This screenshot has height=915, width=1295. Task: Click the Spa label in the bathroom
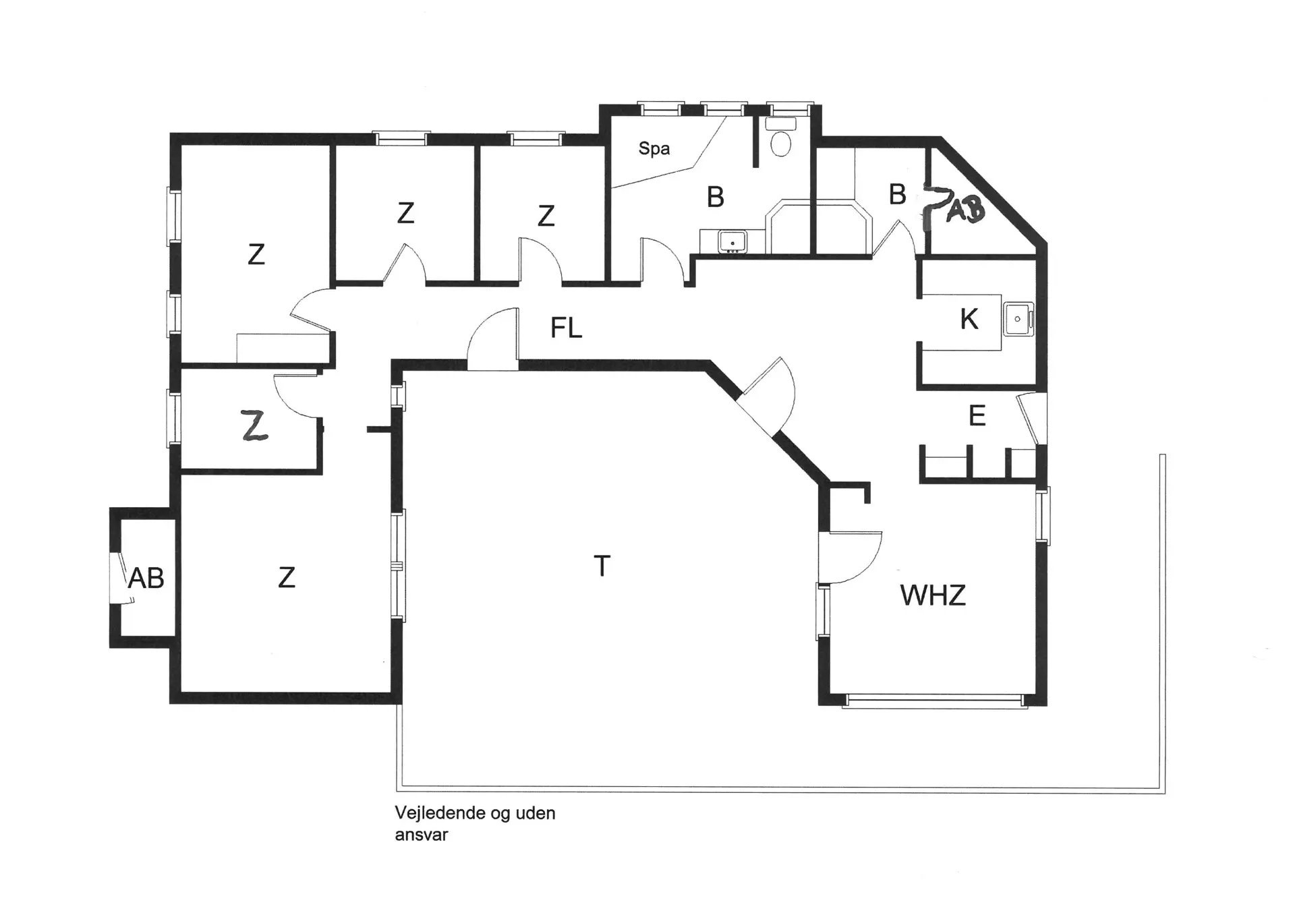click(654, 148)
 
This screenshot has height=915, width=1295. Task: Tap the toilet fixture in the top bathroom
click(780, 142)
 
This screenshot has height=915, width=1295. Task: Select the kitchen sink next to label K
click(1018, 319)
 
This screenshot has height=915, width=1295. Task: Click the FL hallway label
click(565, 328)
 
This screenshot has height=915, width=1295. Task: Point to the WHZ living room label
click(933, 595)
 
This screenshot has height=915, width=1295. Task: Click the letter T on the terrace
click(602, 566)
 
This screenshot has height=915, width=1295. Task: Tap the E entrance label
click(977, 416)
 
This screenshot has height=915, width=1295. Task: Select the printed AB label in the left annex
click(146, 578)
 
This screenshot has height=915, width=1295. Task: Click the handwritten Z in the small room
click(254, 425)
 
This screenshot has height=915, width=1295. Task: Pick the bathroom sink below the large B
click(732, 241)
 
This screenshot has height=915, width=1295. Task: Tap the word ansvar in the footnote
click(421, 835)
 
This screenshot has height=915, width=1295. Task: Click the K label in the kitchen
click(969, 320)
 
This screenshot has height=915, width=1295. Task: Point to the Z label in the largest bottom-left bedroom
click(287, 578)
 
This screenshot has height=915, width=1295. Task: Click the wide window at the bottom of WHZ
click(936, 701)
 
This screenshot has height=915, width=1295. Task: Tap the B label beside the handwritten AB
click(896, 195)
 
